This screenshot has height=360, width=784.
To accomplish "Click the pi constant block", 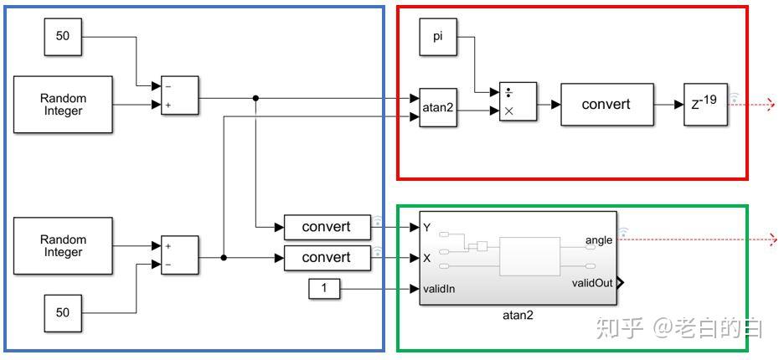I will tap(438, 37).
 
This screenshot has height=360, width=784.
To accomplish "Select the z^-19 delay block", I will tap(705, 104).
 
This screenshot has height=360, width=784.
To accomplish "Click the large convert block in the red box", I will tap(606, 104).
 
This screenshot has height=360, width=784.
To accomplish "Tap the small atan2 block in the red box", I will tap(438, 107).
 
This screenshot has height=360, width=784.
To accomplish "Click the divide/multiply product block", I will tap(518, 102).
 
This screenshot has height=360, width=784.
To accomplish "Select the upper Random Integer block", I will tap(63, 104).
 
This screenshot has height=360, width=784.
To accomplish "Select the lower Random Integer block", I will tap(63, 245).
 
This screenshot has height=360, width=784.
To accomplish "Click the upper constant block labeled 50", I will tap(63, 36).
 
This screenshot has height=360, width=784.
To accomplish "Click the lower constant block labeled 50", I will tap(63, 312).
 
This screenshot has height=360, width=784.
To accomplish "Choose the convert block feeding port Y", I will tap(327, 227).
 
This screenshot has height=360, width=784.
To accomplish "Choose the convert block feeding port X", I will tap(327, 258).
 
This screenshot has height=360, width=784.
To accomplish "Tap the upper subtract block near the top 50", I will tap(180, 95).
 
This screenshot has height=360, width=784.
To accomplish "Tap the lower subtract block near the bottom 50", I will tap(180, 255).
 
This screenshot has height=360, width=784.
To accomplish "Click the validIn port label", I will tap(445, 289).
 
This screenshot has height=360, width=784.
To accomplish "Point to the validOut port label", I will tap(591, 283).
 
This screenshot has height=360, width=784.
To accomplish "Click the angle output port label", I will tap(598, 240).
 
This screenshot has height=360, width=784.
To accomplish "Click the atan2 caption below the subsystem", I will tap(517, 316).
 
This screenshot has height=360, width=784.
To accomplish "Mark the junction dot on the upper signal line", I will tap(255, 98).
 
